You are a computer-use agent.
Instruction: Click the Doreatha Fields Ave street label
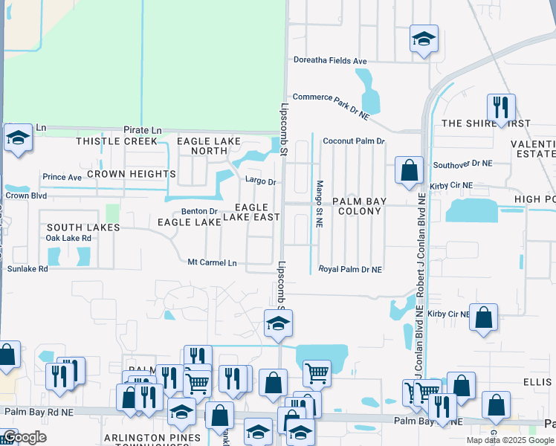pyautogui.click(x=330, y=60)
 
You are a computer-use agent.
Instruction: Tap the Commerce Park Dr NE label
pyautogui.click(x=331, y=106)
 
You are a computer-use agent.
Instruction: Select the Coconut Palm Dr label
pyautogui.click(x=353, y=140)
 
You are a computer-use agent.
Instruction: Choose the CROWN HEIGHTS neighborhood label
pyautogui.click(x=131, y=174)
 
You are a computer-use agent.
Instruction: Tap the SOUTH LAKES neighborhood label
pyautogui.click(x=83, y=227)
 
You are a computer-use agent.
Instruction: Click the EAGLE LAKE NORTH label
pyautogui.click(x=201, y=145)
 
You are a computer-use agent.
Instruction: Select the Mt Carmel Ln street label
pyautogui.click(x=212, y=263)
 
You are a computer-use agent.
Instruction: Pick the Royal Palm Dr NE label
pyautogui.click(x=350, y=269)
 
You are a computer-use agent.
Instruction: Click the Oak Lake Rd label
pyautogui.click(x=68, y=238)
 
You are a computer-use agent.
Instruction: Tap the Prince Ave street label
pyautogui.click(x=62, y=178)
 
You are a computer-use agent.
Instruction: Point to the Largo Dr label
pyautogui.click(x=261, y=181)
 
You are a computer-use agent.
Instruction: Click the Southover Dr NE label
pyautogui.click(x=463, y=163)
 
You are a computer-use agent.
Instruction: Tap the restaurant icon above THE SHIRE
pyautogui.click(x=500, y=106)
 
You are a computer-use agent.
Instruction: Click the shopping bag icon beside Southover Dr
pyautogui.click(x=409, y=169)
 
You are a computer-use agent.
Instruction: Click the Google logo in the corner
pyautogui.click(x=24, y=438)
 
